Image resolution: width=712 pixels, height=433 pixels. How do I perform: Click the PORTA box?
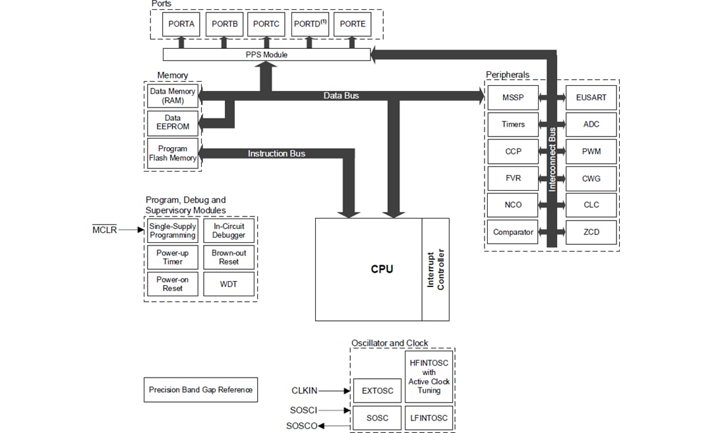coord(181,24)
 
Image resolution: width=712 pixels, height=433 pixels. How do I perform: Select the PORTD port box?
coord(310,24)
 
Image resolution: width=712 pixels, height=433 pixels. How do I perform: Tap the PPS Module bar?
coord(266,55)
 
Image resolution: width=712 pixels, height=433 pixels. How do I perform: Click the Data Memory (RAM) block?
coord(172,96)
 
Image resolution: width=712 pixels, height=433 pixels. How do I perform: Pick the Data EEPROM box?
coord(172,123)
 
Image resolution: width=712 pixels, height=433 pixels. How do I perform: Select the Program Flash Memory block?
coord(172,153)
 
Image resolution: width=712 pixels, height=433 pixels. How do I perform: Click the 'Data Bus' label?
coord(341,96)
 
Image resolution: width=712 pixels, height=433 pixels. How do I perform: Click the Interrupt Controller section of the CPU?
coord(436,269)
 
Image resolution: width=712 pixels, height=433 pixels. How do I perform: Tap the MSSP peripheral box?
coord(512,98)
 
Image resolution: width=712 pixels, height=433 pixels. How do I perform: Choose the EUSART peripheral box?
coord(591,98)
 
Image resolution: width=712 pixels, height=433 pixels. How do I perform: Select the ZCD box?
coord(591,232)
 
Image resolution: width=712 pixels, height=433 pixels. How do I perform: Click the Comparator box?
coord(512,232)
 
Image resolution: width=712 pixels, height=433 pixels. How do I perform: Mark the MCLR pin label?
coord(105,230)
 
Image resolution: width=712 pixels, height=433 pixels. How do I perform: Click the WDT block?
coord(229,284)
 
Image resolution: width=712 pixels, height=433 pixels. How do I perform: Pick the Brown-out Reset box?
coord(229,257)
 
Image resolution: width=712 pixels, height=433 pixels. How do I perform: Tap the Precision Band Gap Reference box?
coord(200,389)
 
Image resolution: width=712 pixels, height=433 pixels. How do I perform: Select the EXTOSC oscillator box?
coord(378,391)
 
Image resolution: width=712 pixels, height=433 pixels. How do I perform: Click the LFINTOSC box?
coord(429,418)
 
